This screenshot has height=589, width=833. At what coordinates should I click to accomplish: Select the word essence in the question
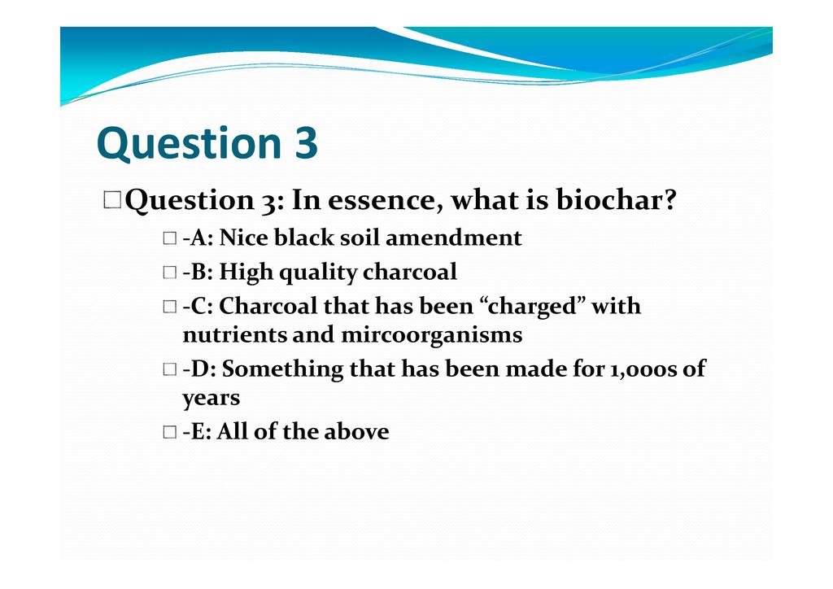click(x=385, y=201)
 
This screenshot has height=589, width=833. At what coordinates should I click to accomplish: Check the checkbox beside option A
click(x=169, y=238)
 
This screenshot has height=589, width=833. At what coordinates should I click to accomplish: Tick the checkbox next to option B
click(x=169, y=273)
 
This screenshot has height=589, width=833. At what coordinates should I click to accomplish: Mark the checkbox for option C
click(x=169, y=307)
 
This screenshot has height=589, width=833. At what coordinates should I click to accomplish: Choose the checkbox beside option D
click(x=169, y=369)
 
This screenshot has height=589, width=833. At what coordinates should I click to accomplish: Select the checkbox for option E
click(x=169, y=432)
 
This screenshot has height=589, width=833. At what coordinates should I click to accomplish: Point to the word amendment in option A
click(x=454, y=238)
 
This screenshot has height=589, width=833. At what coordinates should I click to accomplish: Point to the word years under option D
click(x=211, y=399)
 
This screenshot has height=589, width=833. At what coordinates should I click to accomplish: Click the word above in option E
click(x=356, y=431)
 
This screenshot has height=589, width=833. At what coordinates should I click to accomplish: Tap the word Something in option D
click(x=282, y=369)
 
